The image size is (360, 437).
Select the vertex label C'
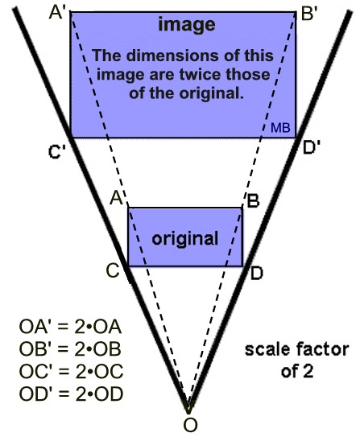click(x=56, y=151)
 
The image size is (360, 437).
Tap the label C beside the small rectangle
click(x=114, y=270)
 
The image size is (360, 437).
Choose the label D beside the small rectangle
click(x=256, y=272)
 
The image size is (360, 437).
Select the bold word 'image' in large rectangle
click(x=187, y=26)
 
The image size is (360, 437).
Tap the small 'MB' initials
click(x=280, y=128)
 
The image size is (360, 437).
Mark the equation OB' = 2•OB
click(x=69, y=351)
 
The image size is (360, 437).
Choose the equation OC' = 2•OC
click(x=69, y=373)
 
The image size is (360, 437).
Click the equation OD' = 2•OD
click(x=69, y=394)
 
